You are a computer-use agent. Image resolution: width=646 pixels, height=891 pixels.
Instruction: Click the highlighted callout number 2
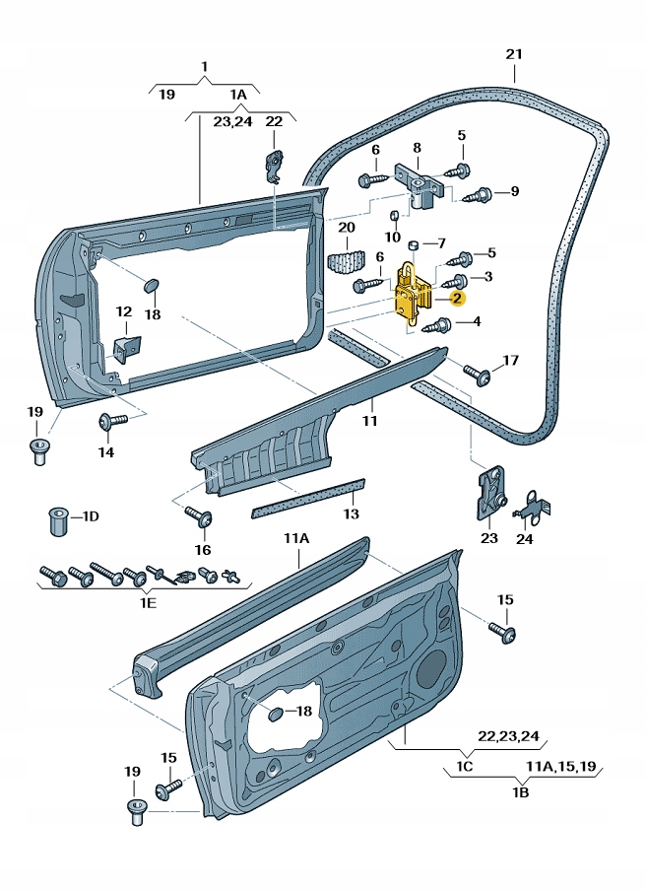pos(458,296)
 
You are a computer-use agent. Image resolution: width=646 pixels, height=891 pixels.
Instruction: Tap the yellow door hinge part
pos(412,292)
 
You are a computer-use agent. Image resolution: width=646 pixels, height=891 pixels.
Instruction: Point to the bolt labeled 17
pos(481,374)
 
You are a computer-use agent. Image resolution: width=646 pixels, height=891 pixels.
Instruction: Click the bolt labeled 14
pos(108,423)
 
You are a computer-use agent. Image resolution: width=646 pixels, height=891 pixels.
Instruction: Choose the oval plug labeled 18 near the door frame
pos(152,285)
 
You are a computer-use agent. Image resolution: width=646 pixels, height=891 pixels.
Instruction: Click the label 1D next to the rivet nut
pos(91,515)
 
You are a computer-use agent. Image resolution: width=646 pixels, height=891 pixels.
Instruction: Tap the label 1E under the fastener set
pos(147,602)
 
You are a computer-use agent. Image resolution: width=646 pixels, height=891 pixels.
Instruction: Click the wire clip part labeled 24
pos(531,506)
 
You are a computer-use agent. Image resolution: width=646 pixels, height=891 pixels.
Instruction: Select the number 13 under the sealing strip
pos(351,514)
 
